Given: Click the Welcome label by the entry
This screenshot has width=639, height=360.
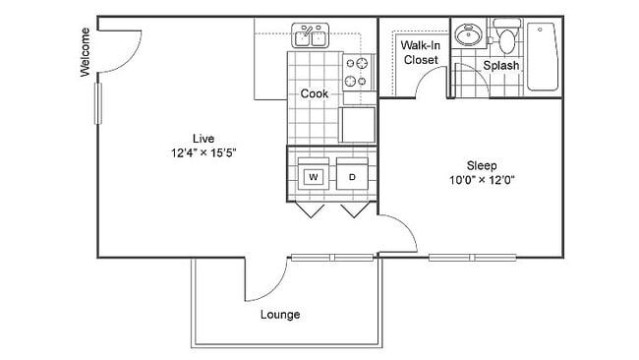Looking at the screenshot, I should [x=86, y=52].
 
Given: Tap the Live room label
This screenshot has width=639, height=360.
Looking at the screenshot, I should [x=203, y=138].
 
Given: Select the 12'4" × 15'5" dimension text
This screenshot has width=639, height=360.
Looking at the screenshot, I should [x=203, y=152].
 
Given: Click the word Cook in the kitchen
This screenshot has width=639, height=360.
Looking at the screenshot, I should [x=314, y=94].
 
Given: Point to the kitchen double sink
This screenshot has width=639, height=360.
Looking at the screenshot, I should [x=312, y=37].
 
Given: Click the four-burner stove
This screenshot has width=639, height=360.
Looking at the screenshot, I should [x=358, y=70].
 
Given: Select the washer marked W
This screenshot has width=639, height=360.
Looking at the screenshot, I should [x=314, y=177].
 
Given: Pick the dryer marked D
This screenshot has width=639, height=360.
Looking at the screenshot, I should [x=352, y=177].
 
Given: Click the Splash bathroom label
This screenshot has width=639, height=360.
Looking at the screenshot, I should [x=501, y=66].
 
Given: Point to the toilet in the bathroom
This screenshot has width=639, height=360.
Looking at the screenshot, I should [x=506, y=37].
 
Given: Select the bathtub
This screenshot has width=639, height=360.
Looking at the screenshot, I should [x=543, y=56].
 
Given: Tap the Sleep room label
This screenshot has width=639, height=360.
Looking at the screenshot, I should [x=481, y=165].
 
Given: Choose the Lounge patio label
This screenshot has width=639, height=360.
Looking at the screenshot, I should [x=280, y=315].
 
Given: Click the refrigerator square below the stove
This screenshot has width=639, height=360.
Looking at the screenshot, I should [x=358, y=124].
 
